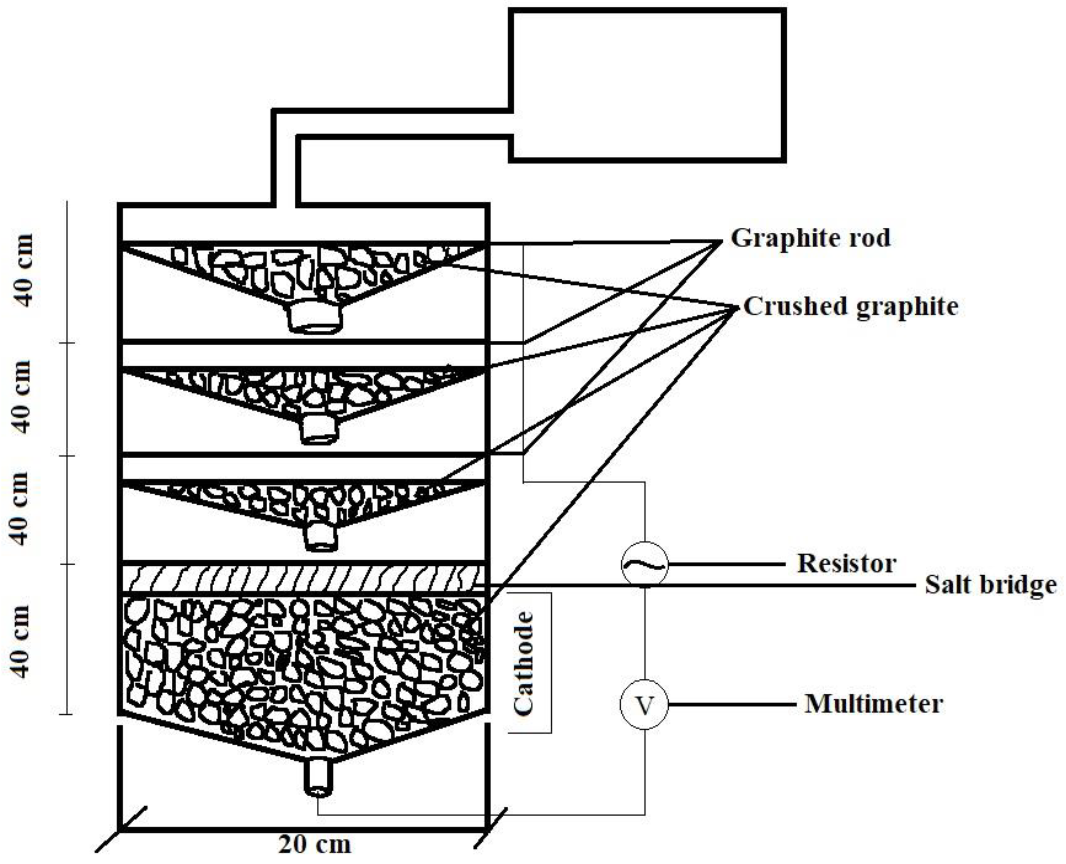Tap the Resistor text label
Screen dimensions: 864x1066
click(847, 564)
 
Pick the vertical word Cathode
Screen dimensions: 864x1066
click(523, 663)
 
